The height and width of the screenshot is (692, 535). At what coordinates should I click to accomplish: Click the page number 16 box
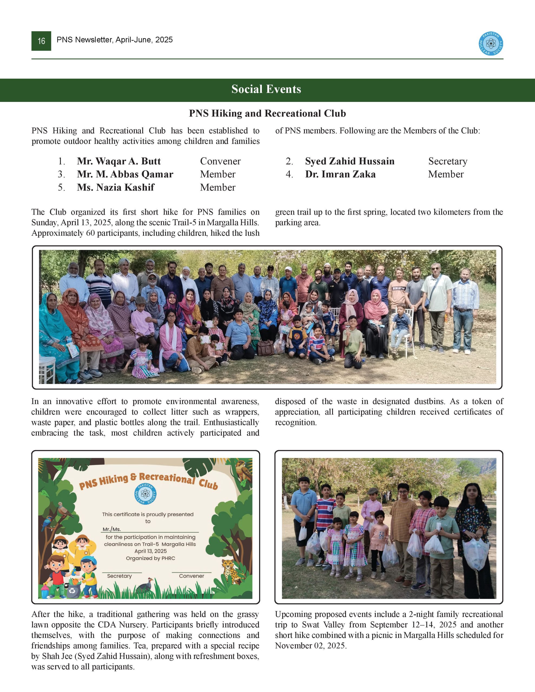(41, 41)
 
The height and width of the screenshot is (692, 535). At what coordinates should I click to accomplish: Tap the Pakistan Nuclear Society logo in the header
(491, 44)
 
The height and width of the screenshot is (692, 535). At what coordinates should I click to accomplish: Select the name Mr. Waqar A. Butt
(119, 161)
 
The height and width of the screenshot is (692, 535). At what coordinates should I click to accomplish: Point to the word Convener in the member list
(220, 161)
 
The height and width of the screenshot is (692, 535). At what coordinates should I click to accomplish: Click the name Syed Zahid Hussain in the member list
(349, 161)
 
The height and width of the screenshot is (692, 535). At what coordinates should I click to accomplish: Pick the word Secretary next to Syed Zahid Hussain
(447, 161)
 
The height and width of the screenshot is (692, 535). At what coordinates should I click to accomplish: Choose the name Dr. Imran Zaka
(340, 174)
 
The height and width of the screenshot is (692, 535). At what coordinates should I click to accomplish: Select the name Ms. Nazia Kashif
(115, 188)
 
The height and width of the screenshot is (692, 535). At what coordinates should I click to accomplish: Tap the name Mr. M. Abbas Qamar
(125, 174)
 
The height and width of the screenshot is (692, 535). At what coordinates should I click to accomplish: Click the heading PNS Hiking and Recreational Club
(267, 114)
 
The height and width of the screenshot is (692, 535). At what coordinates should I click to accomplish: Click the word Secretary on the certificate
(119, 576)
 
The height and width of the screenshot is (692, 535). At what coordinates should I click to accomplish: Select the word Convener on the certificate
(191, 576)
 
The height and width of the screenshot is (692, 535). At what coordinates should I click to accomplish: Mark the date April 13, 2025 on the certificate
(150, 551)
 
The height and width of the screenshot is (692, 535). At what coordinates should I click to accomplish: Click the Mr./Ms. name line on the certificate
(150, 529)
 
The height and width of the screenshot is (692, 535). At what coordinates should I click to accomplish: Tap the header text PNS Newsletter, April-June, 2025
(114, 40)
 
